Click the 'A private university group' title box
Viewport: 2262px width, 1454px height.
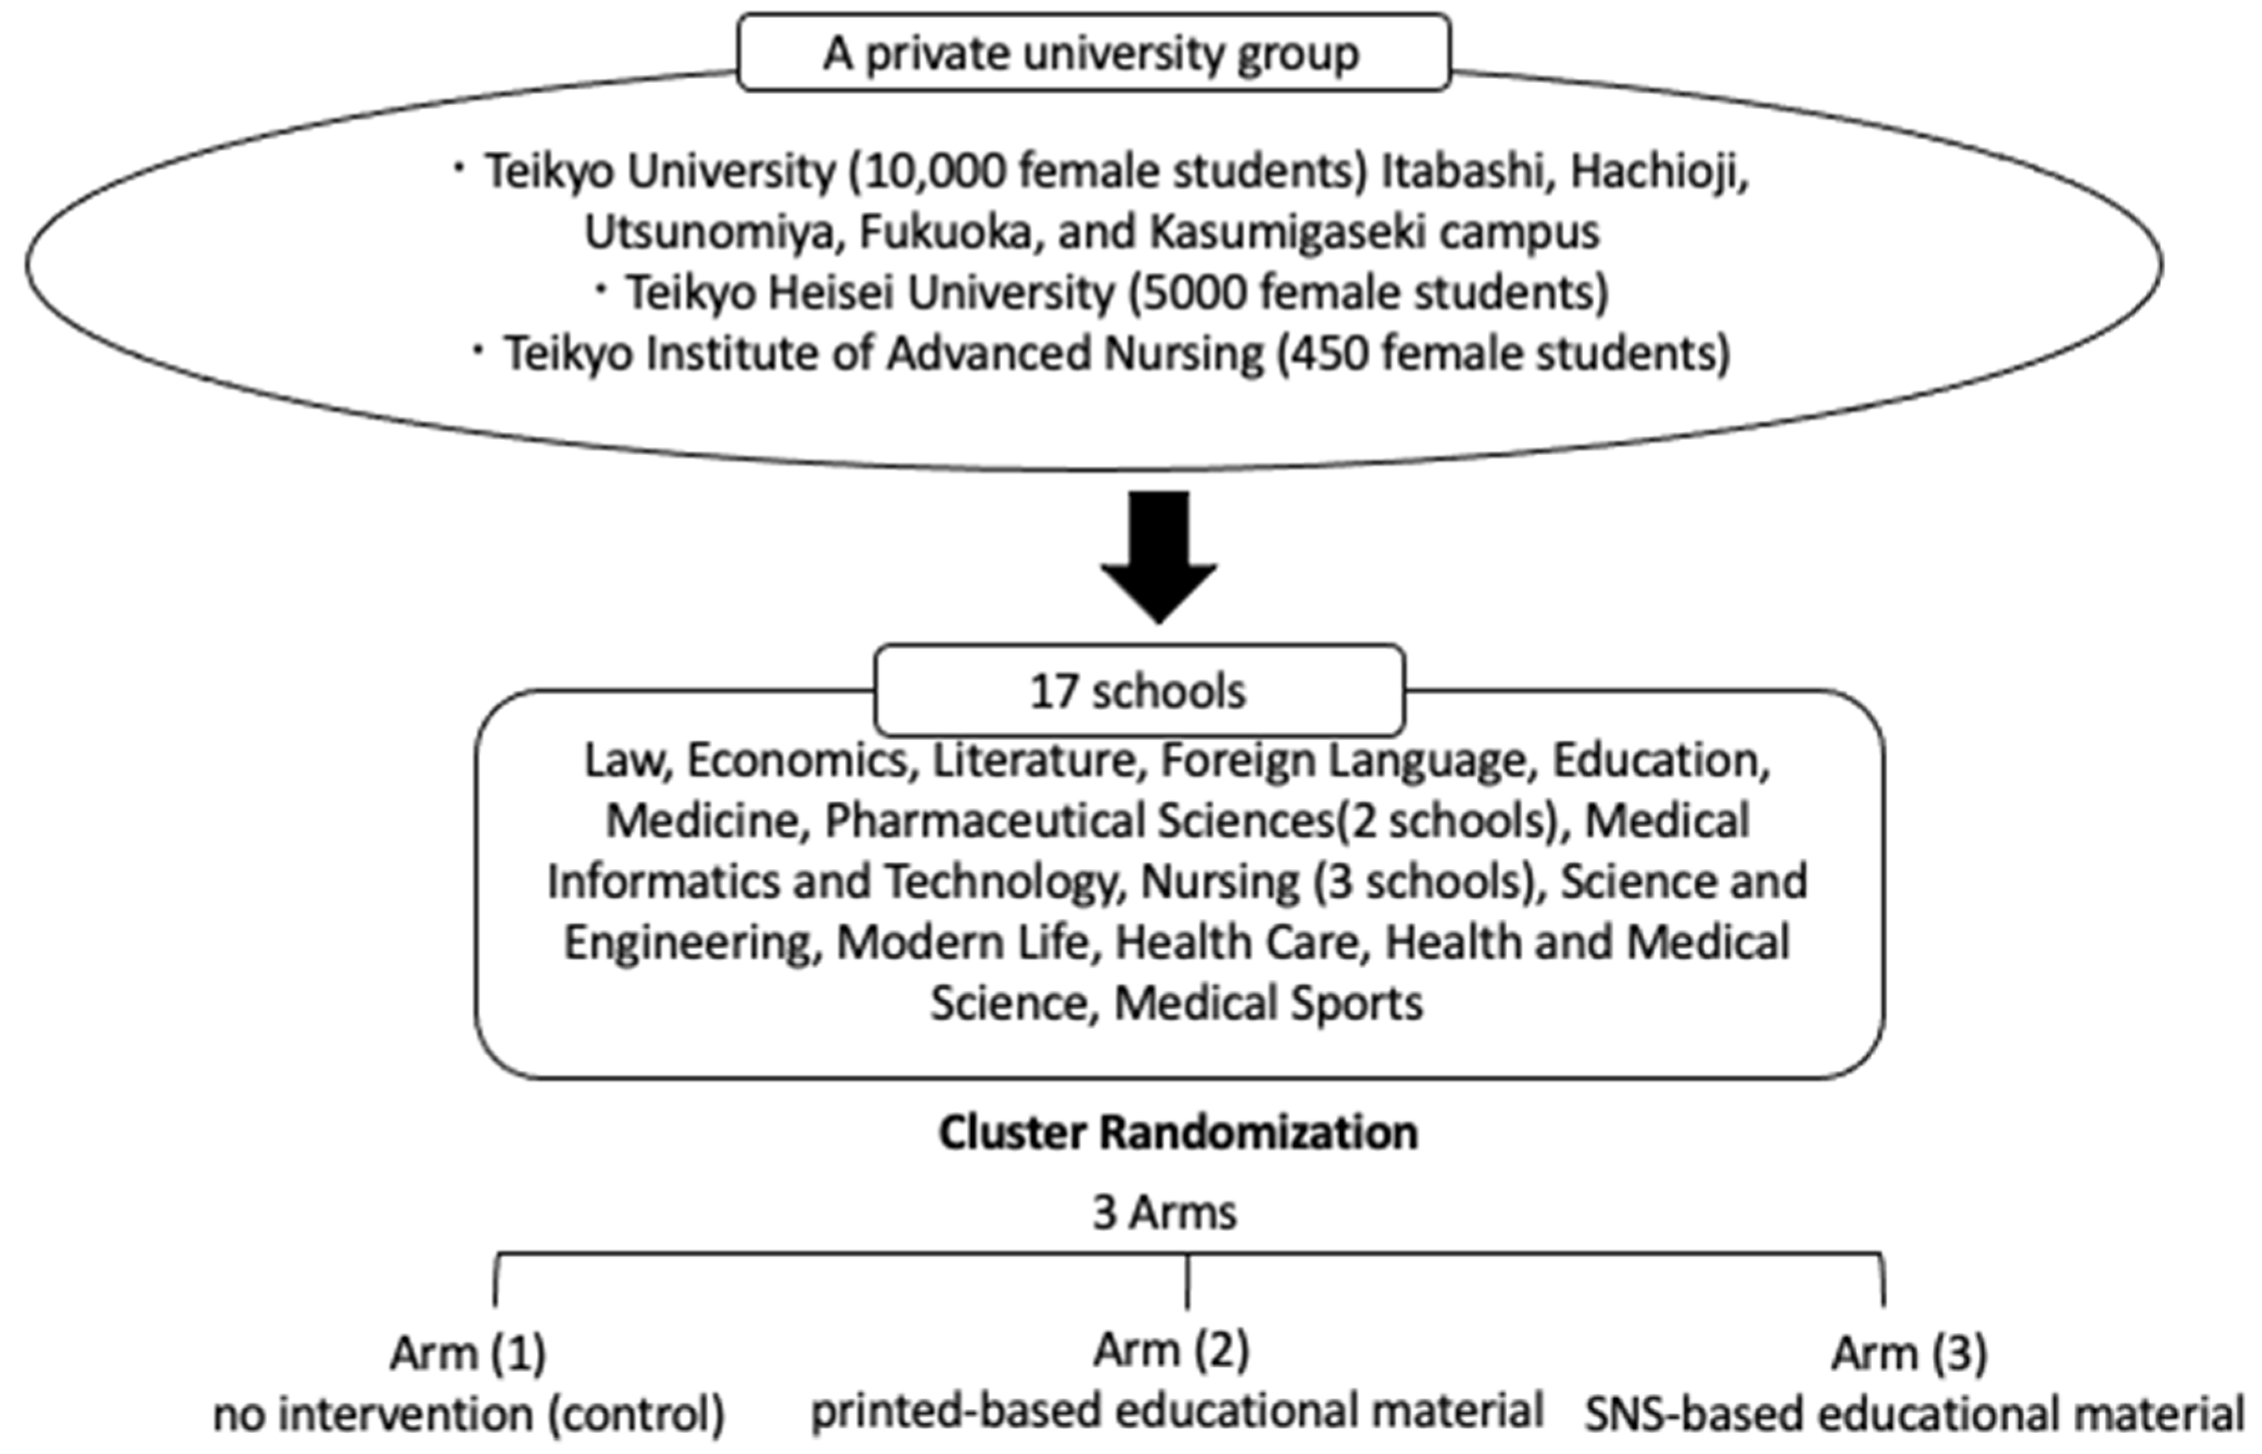point(1093,53)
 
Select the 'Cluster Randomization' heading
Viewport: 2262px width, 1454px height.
point(1178,1132)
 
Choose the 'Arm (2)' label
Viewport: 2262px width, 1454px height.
point(1171,1349)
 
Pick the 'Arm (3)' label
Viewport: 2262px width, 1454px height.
point(1909,1353)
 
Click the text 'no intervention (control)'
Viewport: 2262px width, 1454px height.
point(468,1414)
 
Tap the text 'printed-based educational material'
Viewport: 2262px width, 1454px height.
point(1177,1410)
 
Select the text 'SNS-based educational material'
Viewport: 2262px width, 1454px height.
point(1914,1414)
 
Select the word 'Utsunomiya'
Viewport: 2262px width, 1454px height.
point(712,232)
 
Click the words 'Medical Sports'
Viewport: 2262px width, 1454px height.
point(1268,1002)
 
